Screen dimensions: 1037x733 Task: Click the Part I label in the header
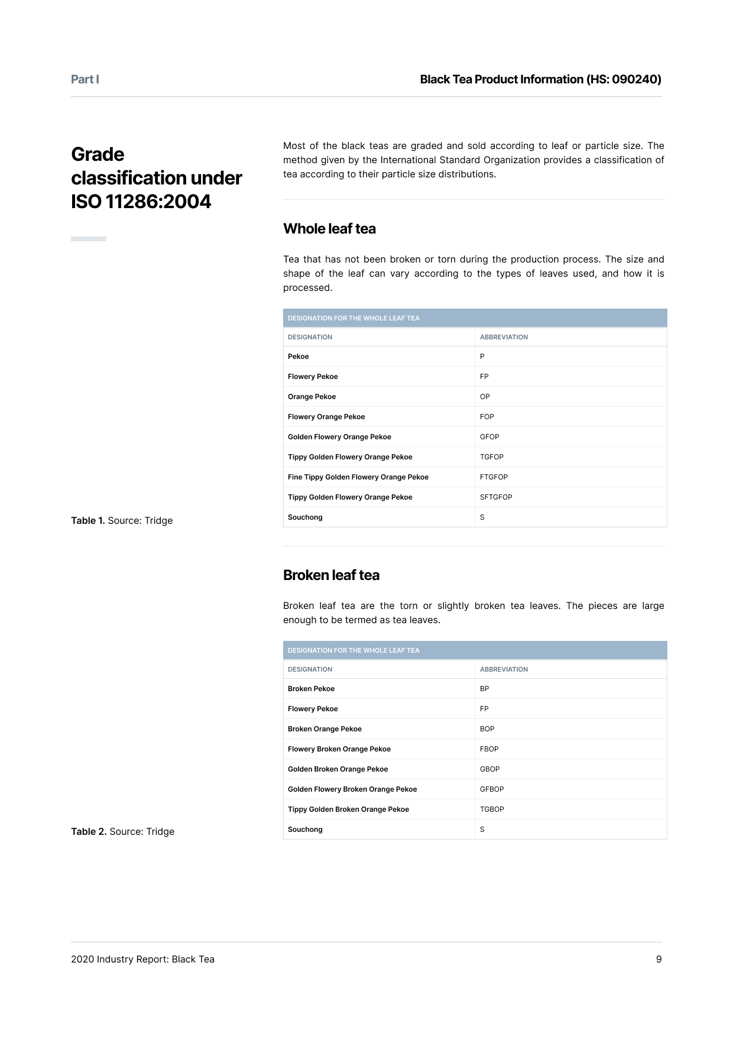coord(85,79)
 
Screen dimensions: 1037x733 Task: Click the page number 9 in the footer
coord(659,959)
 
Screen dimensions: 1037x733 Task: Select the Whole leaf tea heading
coord(329,229)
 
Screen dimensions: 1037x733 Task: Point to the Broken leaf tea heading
coord(331,575)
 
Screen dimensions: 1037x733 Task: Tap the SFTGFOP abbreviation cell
coord(496,497)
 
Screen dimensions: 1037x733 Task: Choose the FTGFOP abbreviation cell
coord(494,477)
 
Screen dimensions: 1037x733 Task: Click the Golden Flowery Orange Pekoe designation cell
coord(339,437)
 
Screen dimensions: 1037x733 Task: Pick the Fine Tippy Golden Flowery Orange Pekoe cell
coord(358,477)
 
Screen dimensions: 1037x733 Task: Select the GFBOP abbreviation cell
coord(492,789)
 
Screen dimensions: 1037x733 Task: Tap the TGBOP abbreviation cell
coord(492,809)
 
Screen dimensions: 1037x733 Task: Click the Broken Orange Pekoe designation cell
coord(325,729)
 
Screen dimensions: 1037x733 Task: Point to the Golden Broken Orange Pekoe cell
coord(338,769)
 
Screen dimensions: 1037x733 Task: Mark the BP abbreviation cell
coord(484,689)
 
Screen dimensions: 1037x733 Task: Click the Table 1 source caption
coord(122,520)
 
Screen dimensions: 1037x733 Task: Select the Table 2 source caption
coord(122,831)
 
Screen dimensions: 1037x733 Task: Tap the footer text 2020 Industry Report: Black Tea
coord(142,959)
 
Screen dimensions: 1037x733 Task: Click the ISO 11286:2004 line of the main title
coord(141,202)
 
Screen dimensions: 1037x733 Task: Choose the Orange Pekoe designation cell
coord(312,397)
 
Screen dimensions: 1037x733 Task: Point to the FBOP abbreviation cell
coord(489,749)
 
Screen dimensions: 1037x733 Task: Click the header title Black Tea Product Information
coord(540,79)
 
